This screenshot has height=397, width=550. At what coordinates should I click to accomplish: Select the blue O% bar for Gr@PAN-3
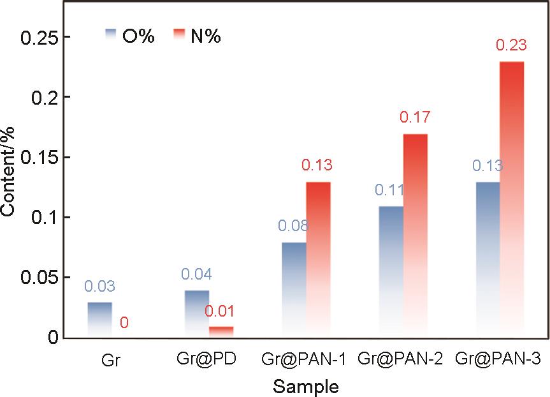487,259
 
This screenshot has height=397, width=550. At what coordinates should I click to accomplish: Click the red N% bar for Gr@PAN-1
318,259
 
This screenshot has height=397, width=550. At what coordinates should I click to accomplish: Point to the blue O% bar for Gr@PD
197,313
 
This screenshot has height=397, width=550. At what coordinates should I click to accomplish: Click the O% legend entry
131,36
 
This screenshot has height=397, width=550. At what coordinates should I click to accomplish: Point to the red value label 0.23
510,46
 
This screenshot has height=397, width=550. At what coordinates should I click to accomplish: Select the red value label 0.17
414,117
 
